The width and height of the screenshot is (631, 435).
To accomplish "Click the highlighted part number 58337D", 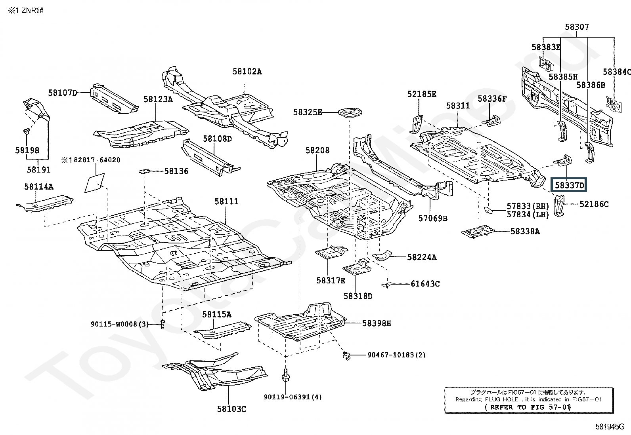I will pos(569,185).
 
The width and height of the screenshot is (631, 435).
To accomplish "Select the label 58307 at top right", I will pos(577,27).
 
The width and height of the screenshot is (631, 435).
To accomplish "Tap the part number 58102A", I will pos(247,72).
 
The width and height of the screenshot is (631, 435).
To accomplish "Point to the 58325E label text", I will pos(308,112).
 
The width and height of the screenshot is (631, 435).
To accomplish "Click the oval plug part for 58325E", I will pos(350,112).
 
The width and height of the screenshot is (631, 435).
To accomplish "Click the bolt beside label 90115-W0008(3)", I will pos(162,324).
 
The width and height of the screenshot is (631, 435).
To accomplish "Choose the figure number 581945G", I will pos(610,427).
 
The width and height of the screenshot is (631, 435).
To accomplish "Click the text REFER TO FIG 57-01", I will pos(528,407).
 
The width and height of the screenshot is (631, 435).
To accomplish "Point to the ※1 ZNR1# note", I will pos(26,11).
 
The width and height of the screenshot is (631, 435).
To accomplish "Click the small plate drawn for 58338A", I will pos(479,232).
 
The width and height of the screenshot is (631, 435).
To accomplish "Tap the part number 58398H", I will pos(377,323).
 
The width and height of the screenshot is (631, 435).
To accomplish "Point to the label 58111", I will pos(226,201).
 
